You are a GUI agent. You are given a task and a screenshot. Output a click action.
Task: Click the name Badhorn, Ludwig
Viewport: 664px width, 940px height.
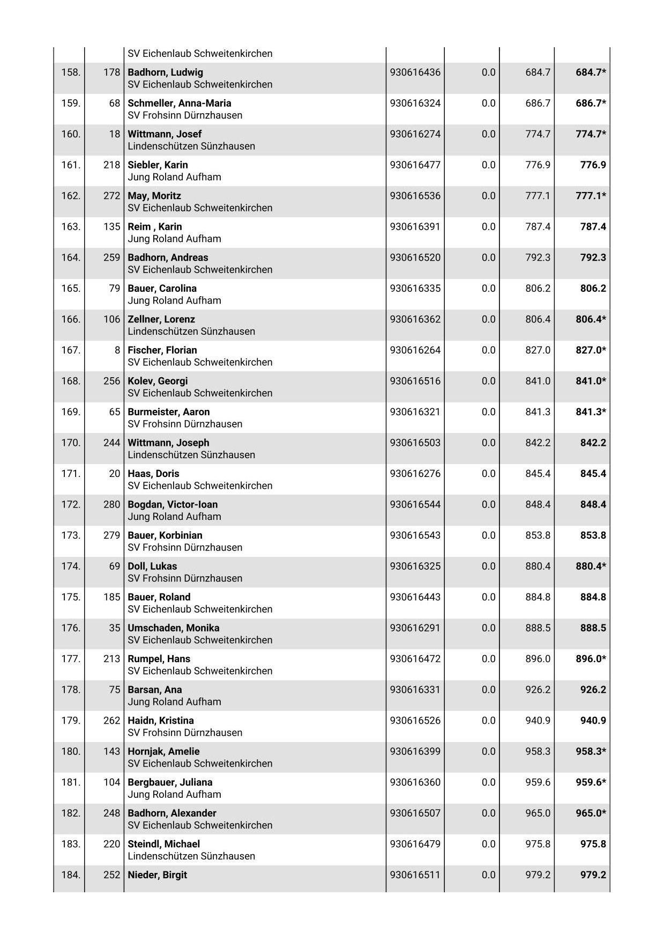[165, 72]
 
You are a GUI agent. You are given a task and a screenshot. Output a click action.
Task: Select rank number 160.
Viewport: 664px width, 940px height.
[71, 134]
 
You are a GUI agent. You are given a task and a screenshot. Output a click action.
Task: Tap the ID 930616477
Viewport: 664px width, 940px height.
[415, 165]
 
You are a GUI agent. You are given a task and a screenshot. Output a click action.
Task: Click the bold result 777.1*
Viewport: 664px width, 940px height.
[591, 196]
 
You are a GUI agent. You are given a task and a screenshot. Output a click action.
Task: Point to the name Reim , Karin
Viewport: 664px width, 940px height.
[154, 226]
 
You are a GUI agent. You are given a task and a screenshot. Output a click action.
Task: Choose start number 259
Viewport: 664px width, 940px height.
[111, 258]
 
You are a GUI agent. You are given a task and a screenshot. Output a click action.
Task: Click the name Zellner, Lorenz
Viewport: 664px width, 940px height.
[161, 319]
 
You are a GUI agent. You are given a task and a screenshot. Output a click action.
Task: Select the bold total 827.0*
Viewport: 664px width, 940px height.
[591, 350]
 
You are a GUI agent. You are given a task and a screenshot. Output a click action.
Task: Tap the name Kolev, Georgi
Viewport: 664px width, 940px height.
[158, 381]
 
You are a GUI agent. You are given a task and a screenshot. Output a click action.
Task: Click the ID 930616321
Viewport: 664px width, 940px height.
[415, 412]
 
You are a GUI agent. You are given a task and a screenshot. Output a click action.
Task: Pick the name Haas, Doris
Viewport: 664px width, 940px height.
[153, 473]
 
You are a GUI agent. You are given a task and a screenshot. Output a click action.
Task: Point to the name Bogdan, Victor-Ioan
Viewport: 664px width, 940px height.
[173, 504]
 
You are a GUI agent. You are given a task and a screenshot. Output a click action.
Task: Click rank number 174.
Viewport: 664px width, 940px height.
[71, 566]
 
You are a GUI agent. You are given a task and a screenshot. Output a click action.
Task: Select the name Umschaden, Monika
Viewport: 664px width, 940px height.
[173, 628]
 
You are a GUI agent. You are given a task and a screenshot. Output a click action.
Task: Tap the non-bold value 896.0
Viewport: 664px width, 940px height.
[538, 658]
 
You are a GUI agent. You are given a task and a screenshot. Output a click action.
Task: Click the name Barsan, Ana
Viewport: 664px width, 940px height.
[154, 689]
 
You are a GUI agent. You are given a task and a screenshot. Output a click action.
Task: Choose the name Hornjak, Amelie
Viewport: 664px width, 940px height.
[163, 751]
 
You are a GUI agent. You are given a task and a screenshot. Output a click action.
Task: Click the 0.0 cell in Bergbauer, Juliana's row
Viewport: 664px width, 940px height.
[488, 782]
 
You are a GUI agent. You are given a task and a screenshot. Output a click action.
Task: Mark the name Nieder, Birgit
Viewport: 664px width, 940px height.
[157, 875]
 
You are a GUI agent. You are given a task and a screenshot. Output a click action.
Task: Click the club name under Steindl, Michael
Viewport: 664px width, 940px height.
[191, 856]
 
